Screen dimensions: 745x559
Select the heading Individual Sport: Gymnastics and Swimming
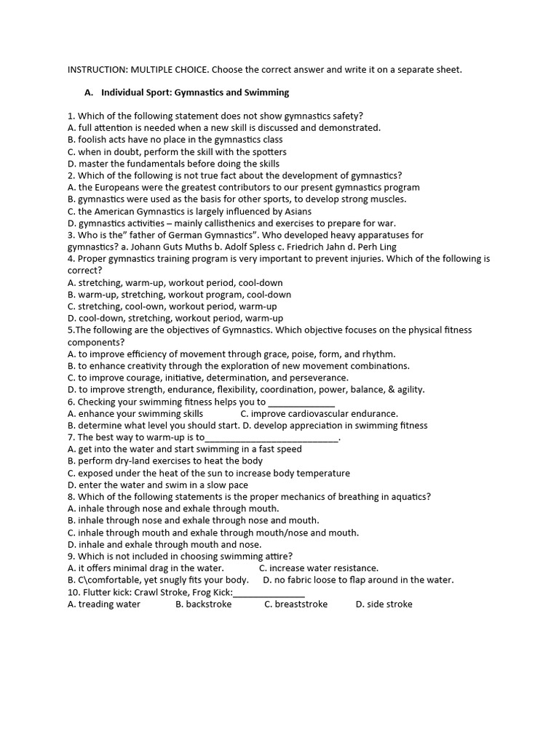tap(195, 92)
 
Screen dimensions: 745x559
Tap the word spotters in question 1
tap(266, 152)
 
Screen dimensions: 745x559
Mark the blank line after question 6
tap(301, 402)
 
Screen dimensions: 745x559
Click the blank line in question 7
tap(272, 438)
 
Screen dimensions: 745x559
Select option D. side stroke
tap(384, 605)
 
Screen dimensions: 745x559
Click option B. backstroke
tap(204, 605)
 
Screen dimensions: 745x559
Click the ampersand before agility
tap(389, 390)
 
